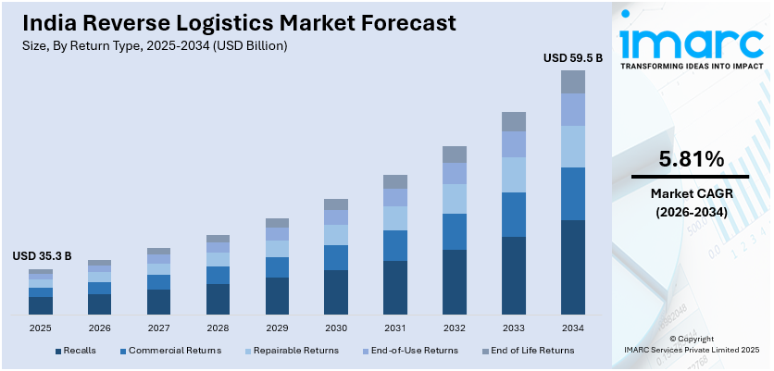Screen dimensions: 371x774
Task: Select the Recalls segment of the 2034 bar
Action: [x=573, y=266]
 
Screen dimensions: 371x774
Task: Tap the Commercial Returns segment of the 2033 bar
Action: [x=514, y=215]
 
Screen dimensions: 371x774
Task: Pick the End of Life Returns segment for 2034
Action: [x=573, y=82]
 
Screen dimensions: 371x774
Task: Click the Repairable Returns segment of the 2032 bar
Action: [x=455, y=199]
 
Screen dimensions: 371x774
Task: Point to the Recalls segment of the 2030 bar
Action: [x=336, y=291]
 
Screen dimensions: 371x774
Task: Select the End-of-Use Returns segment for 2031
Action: [x=395, y=198]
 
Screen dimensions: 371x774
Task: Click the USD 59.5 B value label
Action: [x=572, y=58]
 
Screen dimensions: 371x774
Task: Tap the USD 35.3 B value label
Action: [x=42, y=256]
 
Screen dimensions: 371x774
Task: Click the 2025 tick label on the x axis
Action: [x=41, y=328]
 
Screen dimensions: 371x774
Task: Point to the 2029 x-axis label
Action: [x=277, y=328]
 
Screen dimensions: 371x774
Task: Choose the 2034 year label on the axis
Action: [x=573, y=328]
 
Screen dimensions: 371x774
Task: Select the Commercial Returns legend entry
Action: [x=169, y=351]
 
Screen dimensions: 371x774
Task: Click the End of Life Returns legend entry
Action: [x=525, y=351]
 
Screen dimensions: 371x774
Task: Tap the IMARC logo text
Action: [x=690, y=42]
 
